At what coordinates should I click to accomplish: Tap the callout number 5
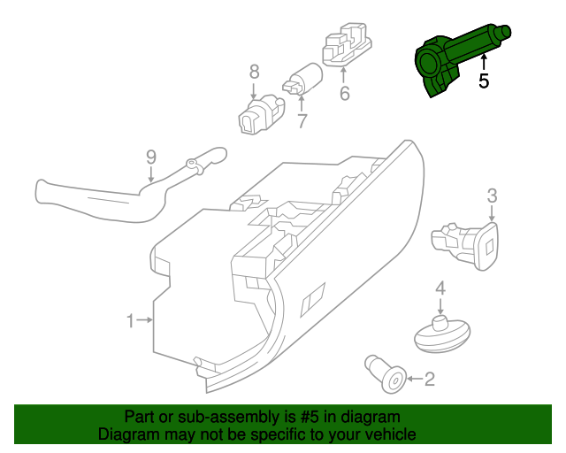(483, 81)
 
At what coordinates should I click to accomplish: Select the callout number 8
(254, 72)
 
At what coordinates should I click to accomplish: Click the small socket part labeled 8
(260, 116)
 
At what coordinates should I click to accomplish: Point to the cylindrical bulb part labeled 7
(303, 80)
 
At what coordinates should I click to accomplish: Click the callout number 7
(302, 121)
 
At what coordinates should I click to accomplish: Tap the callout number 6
(344, 93)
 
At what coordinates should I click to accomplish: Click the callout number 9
(151, 157)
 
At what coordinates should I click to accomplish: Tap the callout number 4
(440, 288)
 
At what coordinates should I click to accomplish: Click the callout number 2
(430, 380)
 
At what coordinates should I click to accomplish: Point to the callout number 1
(130, 320)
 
